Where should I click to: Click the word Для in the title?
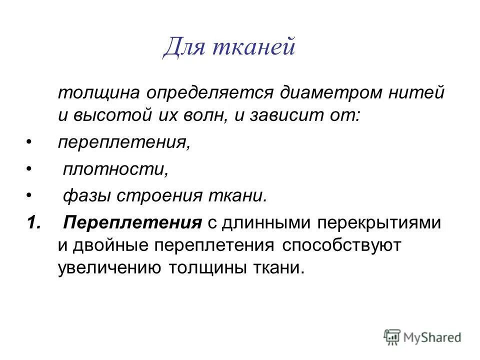coord(186,48)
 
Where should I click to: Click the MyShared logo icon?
coord(393,336)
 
